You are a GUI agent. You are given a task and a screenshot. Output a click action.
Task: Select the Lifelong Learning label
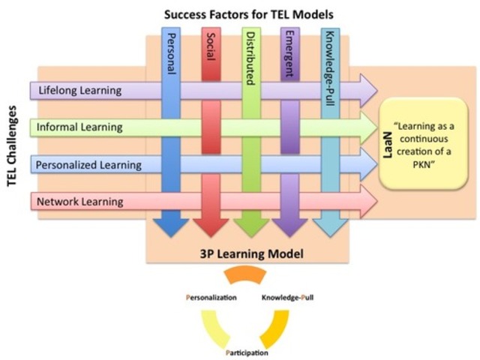click(x=79, y=91)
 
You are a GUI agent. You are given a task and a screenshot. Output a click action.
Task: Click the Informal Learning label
click(x=80, y=127)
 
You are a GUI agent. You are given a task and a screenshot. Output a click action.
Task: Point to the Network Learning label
click(x=81, y=201)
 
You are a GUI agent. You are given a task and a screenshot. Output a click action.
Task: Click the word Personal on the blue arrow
click(x=169, y=53)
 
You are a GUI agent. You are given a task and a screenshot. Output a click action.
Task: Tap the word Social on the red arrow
click(x=210, y=51)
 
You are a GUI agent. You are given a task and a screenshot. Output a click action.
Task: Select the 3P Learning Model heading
click(x=247, y=254)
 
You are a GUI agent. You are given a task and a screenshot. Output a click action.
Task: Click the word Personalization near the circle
click(x=211, y=298)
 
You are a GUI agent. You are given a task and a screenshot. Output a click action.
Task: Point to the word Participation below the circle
click(x=247, y=352)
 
